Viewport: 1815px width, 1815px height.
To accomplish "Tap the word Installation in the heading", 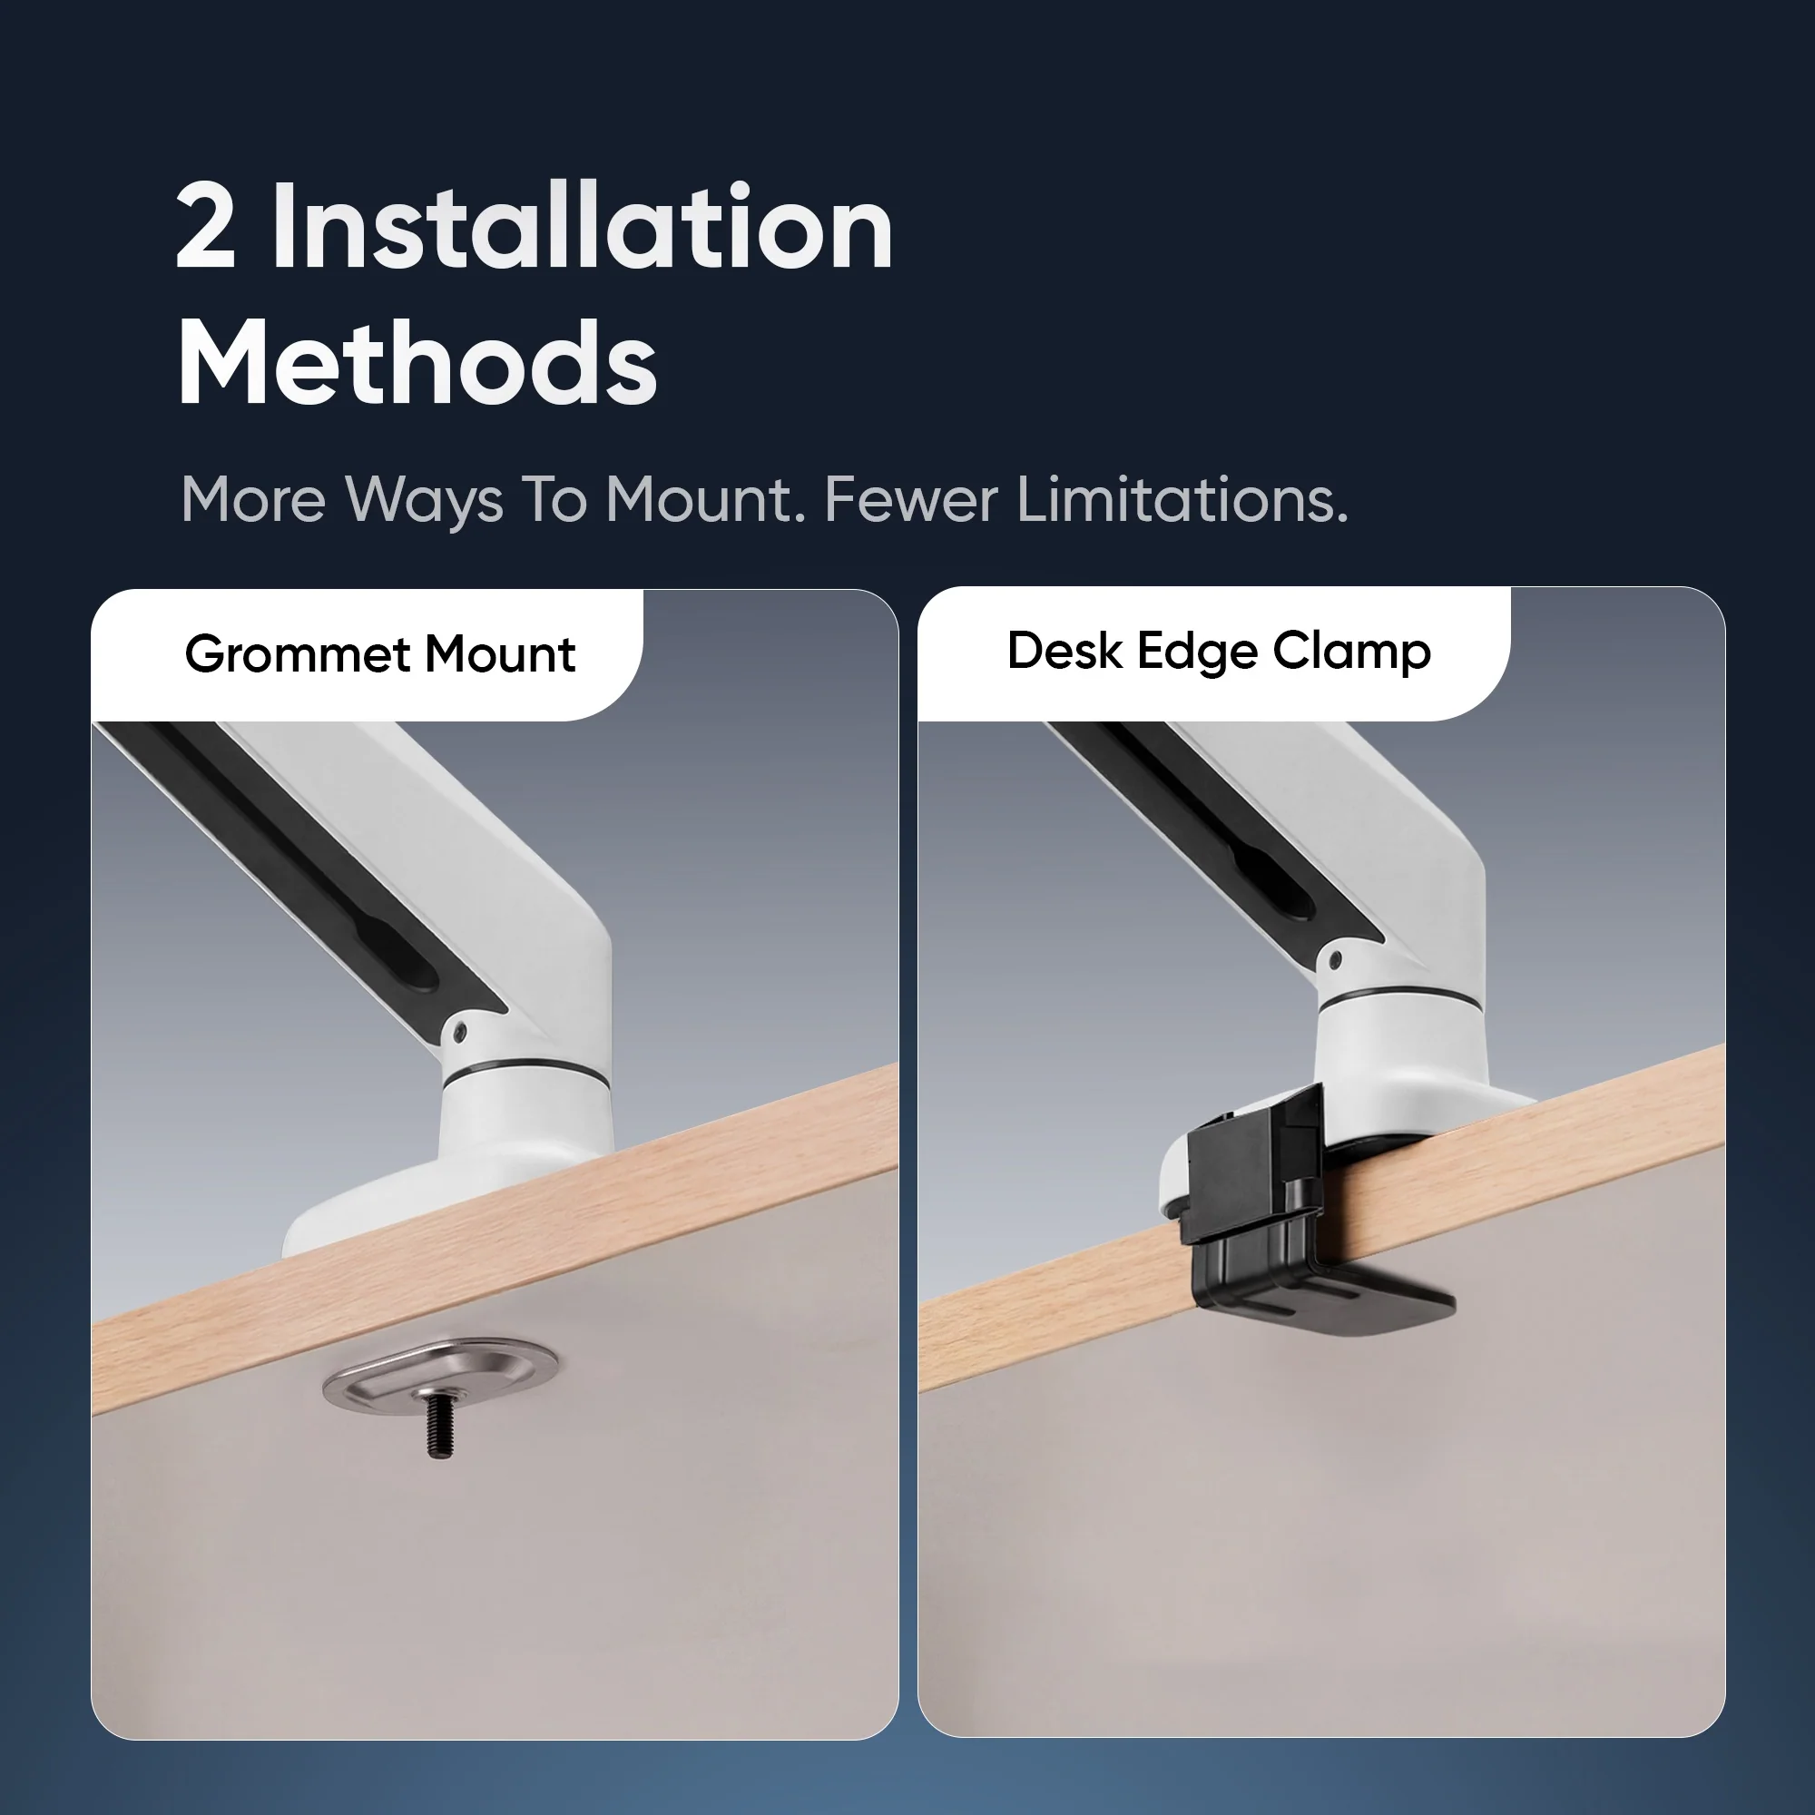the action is tap(583, 226).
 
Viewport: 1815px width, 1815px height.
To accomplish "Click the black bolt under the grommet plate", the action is tap(438, 1423).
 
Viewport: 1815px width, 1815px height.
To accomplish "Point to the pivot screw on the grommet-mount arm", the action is tap(459, 1032).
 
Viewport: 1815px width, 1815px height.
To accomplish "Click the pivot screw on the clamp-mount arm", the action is tap(1334, 960).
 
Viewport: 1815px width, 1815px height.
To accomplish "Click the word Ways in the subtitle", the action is tap(425, 500).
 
